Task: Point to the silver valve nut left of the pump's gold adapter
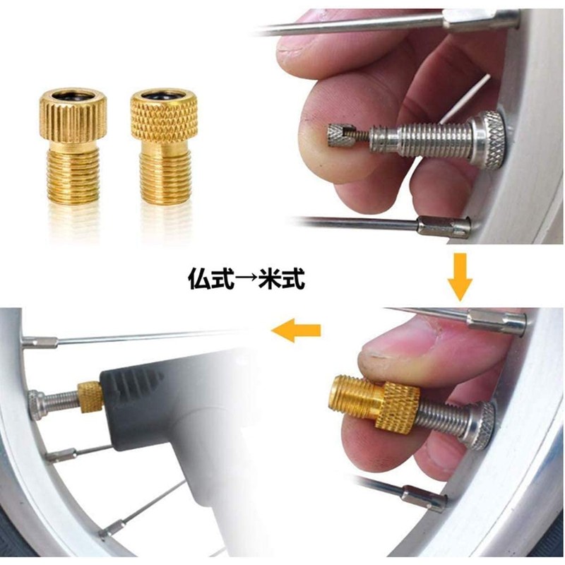click(40, 404)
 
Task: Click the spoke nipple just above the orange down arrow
click(444, 226)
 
